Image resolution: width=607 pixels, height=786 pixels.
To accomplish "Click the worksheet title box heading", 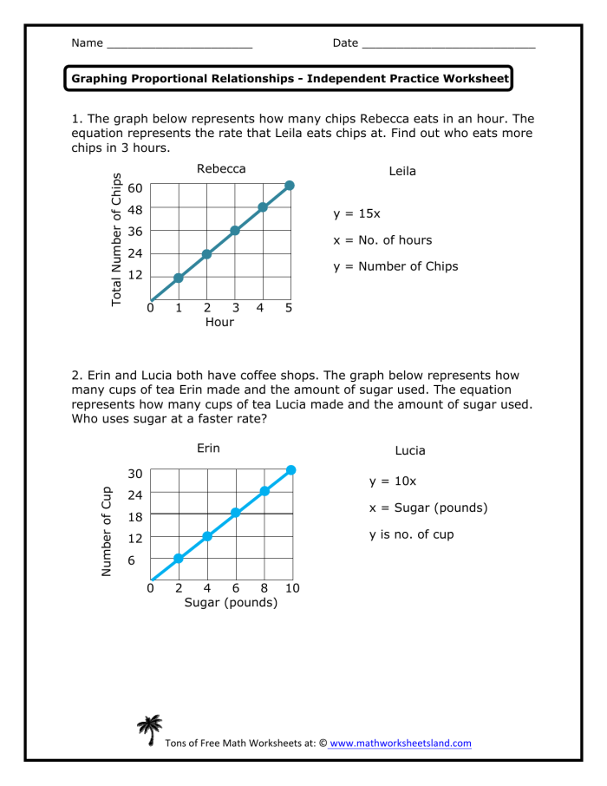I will pos(290,79).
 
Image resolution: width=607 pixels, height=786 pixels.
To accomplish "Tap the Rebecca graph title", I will pos(221,168).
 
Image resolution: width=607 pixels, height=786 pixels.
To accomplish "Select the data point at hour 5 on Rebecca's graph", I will pos(290,186).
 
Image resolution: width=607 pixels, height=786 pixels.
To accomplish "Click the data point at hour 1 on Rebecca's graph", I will pos(179,278).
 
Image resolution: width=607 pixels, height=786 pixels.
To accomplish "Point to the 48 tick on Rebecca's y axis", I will pos(135,210).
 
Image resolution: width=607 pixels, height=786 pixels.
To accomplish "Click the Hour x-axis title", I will pos(219,322).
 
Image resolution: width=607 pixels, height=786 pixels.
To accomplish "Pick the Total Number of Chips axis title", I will pos(116,239).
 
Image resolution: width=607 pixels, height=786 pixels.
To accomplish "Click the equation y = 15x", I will pos(356,213).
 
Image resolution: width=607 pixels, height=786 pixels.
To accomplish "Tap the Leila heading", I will pos(402,172).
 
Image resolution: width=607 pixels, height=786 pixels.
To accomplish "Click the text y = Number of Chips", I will pos(395,266).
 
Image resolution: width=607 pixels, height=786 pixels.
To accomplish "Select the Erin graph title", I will pos(208,449).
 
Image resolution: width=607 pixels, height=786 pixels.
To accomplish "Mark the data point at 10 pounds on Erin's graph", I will pos(291,469).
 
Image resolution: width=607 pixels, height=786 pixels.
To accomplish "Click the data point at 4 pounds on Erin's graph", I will pos(207,536).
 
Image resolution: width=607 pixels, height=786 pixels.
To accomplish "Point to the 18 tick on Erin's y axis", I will pos(134,515).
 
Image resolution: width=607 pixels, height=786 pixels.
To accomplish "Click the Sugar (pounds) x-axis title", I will pos(231,603).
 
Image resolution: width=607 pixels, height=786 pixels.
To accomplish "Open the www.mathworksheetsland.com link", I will pos(401,743).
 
